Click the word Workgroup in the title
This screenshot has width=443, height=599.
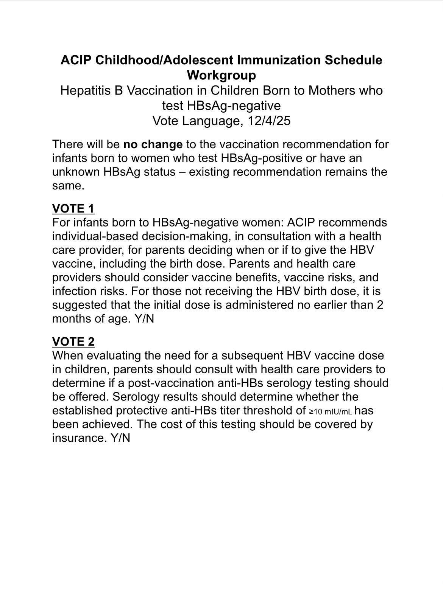tap(221, 75)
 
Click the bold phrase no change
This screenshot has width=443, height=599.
tap(153, 144)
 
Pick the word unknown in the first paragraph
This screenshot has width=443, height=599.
tap(76, 172)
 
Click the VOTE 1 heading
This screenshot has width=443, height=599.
tap(73, 208)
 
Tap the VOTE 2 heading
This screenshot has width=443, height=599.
tap(73, 341)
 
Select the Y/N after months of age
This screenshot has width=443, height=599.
tap(144, 319)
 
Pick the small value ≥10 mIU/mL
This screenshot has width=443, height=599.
tap(331, 411)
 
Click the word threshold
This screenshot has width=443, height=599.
tap(276, 411)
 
